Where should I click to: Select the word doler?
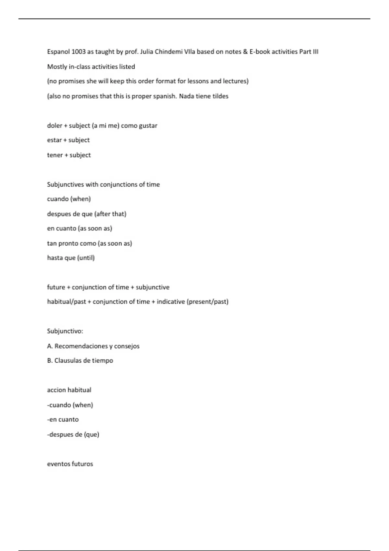pyautogui.click(x=54, y=126)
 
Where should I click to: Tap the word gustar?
pyautogui.click(x=148, y=126)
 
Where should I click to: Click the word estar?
pyautogui.click(x=54, y=140)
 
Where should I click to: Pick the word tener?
pyautogui.click(x=55, y=155)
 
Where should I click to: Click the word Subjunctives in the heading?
pyautogui.click(x=65, y=184)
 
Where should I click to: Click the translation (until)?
pyautogui.click(x=86, y=258)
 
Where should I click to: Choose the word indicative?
pyautogui.click(x=171, y=302)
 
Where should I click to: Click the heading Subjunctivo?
pyautogui.click(x=65, y=331)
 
